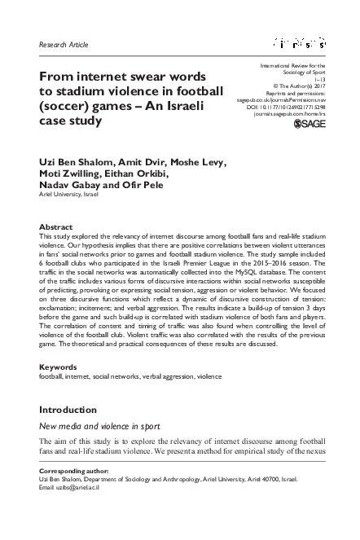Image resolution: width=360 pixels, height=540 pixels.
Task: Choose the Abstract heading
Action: coord(55,226)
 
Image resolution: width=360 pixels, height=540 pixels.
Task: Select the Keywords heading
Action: coord(59,368)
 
